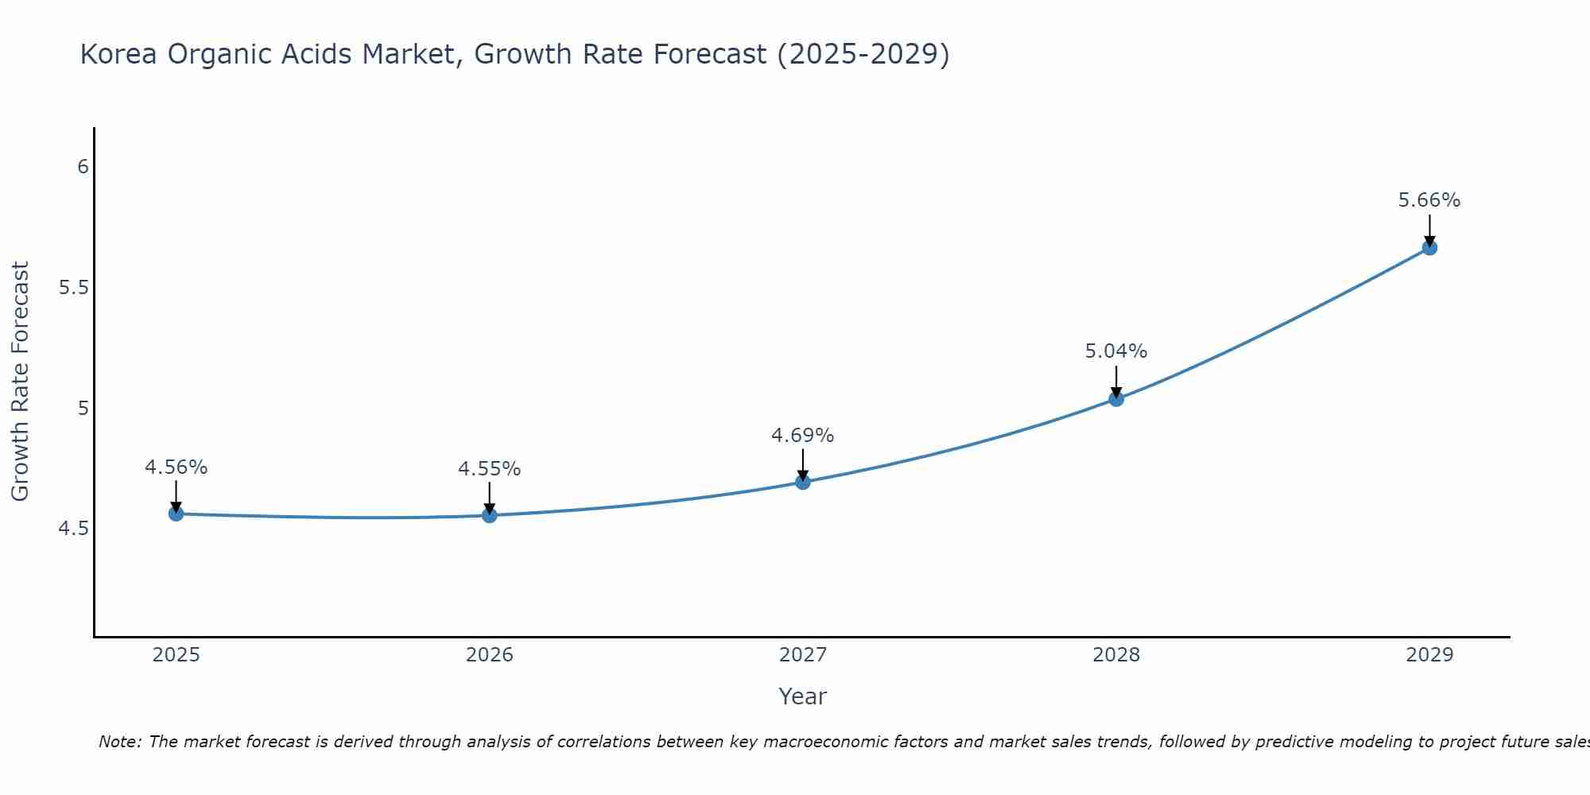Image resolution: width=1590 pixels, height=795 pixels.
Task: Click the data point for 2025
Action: tap(176, 514)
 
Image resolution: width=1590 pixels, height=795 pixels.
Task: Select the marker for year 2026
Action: tap(489, 515)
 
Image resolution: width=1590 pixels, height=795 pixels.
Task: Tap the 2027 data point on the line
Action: tap(803, 482)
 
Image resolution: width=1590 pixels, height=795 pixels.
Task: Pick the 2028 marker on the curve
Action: tap(1116, 398)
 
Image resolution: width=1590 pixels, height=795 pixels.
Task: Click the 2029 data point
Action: tap(1429, 247)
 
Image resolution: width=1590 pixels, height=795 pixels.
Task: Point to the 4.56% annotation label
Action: tap(176, 467)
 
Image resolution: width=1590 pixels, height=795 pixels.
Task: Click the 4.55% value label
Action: tap(489, 469)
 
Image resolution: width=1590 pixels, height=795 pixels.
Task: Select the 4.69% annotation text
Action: tap(803, 436)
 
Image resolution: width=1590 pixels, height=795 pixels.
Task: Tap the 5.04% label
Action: tap(1116, 351)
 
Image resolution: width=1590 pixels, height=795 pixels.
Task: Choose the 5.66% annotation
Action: tap(1429, 200)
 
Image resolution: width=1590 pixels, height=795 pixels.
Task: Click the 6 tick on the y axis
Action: tap(83, 167)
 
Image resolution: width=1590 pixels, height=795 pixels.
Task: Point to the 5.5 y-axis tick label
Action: tap(74, 288)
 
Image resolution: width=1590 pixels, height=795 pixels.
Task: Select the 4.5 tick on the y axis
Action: tap(74, 529)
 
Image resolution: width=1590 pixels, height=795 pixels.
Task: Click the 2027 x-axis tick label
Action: tap(803, 655)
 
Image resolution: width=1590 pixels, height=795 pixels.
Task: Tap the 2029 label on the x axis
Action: tap(1429, 655)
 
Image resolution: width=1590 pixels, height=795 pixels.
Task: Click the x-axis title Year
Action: tap(803, 696)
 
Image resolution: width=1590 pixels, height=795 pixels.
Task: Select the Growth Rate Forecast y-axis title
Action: tap(20, 382)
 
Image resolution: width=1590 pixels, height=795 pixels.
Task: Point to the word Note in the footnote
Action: tap(119, 742)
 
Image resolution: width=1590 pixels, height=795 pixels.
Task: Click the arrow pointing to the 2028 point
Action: tap(1116, 380)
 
